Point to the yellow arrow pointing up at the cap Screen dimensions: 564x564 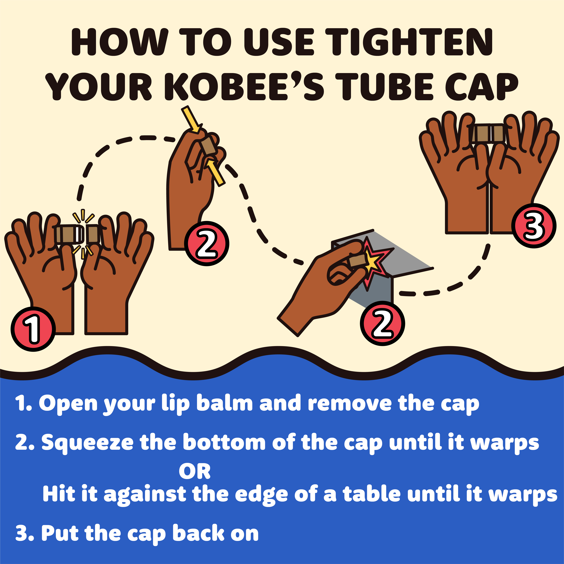coord(215,172)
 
